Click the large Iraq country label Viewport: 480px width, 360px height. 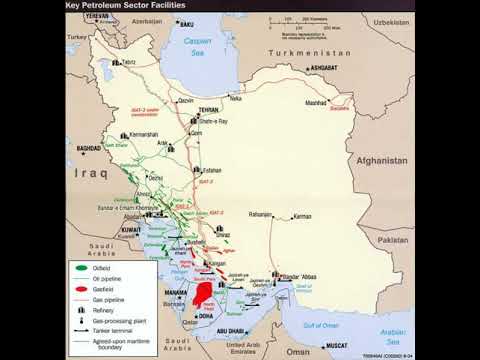(x=91, y=172)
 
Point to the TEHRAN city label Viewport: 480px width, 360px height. (x=207, y=111)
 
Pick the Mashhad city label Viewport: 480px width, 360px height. (x=317, y=103)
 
